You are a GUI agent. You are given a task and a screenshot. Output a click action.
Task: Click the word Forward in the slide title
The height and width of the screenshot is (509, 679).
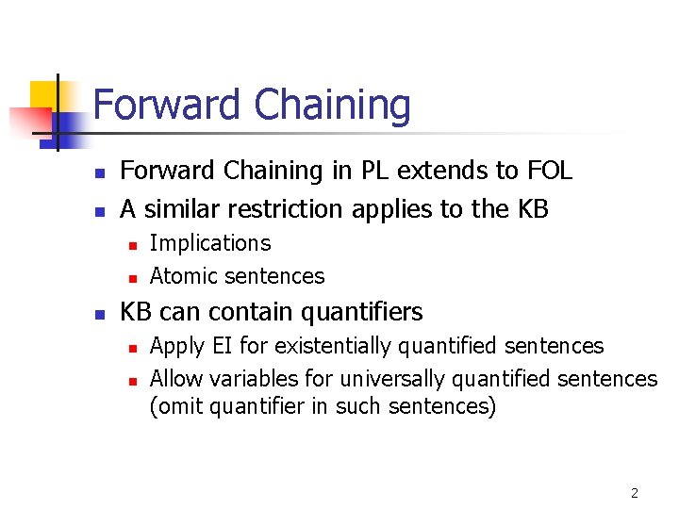(164, 105)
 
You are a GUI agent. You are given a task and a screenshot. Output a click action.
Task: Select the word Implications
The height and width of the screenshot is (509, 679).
(210, 243)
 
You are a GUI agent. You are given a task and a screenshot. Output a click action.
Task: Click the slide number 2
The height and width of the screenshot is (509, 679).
(634, 493)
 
